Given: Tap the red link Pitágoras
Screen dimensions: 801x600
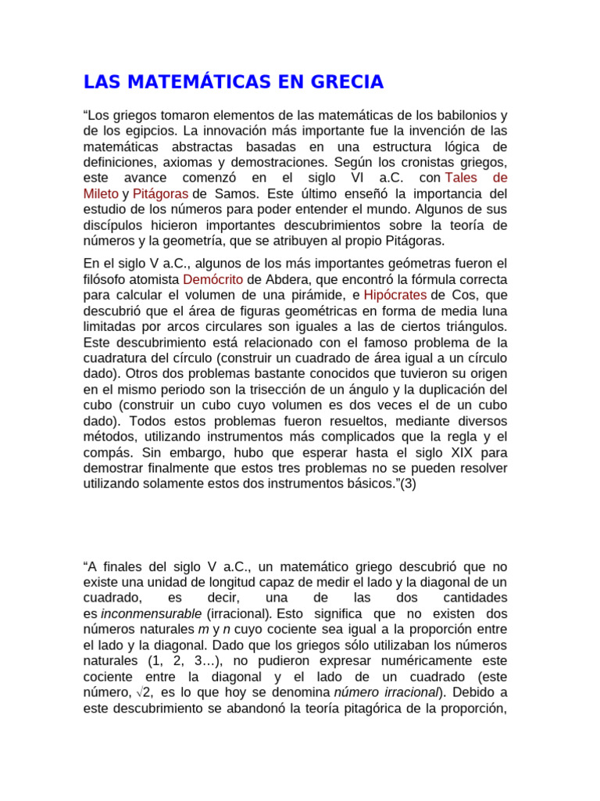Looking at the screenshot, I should point(160,193).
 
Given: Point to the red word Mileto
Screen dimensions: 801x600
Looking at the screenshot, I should point(101,193).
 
